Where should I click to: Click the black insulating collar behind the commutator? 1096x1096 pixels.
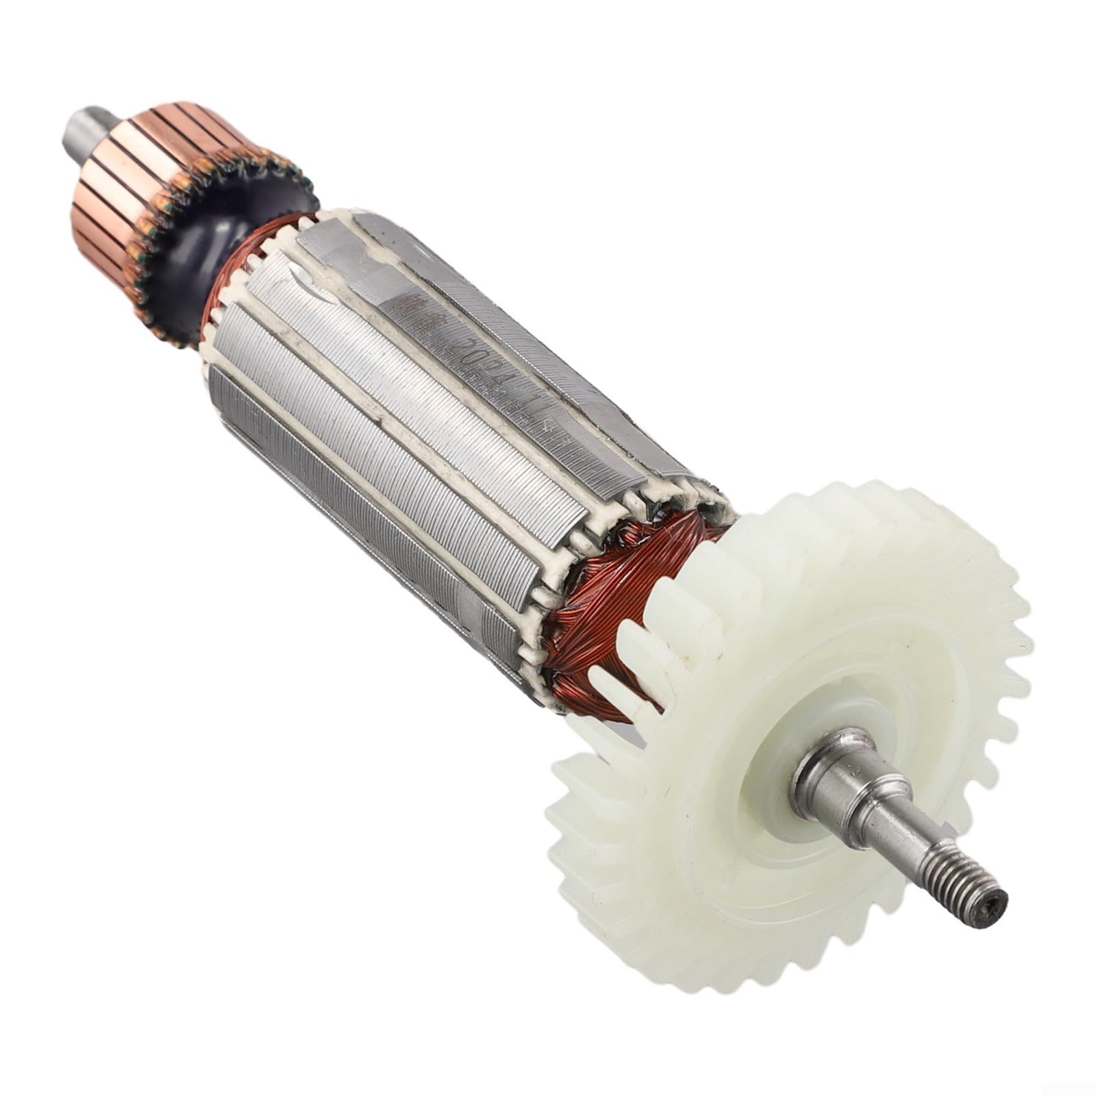point(206,247)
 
